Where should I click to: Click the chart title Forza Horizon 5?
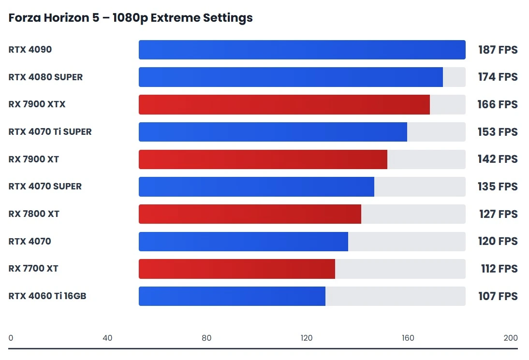click(131, 18)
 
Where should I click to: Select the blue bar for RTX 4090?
click(302, 50)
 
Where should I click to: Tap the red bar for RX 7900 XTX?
click(284, 104)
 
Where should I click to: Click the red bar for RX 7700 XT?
click(236, 269)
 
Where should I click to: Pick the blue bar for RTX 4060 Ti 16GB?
click(232, 296)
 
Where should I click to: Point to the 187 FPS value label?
click(498, 50)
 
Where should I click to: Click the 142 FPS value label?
click(498, 159)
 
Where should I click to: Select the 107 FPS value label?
click(498, 296)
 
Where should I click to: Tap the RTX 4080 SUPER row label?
click(45, 77)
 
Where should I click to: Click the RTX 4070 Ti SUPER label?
click(50, 131)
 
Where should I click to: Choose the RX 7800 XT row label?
click(34, 214)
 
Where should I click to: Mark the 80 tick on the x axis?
click(206, 338)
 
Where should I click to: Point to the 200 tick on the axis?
click(510, 338)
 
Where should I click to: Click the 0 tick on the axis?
click(11, 338)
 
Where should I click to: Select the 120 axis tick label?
click(307, 338)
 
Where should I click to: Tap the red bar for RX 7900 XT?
click(263, 159)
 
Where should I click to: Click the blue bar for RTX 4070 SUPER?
click(256, 187)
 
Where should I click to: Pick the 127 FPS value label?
click(498, 214)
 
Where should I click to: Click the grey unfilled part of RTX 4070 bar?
click(406, 241)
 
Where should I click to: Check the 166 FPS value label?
click(498, 104)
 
